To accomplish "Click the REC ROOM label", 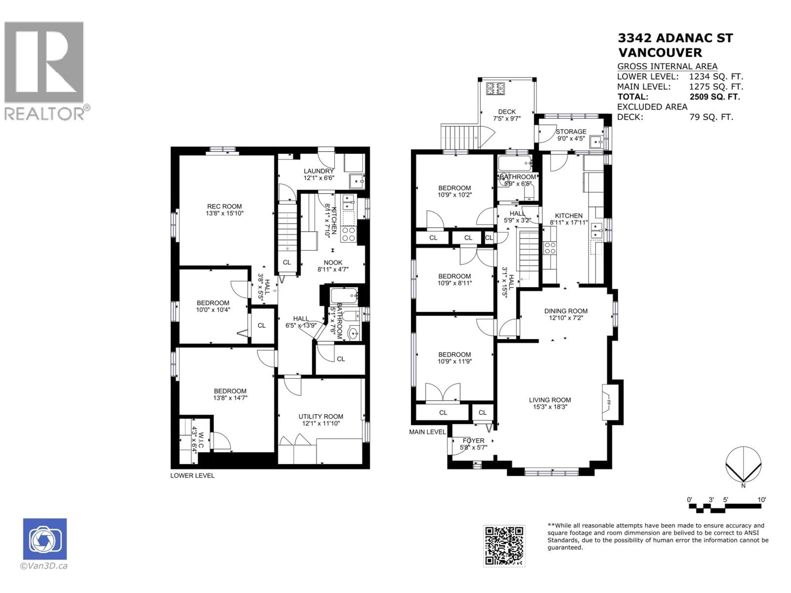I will (224, 206).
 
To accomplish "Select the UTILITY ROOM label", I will (321, 416).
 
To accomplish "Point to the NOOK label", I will (333, 262).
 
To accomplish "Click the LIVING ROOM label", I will (550, 400).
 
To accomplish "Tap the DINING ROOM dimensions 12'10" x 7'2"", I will (565, 318).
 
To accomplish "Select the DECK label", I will (507, 112).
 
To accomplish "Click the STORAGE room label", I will (571, 132).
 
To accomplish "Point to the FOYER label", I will (473, 441).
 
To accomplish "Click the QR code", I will (504, 546).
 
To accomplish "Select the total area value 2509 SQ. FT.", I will (714, 97).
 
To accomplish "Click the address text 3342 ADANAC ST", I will (675, 38).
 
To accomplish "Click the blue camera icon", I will (45, 539).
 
